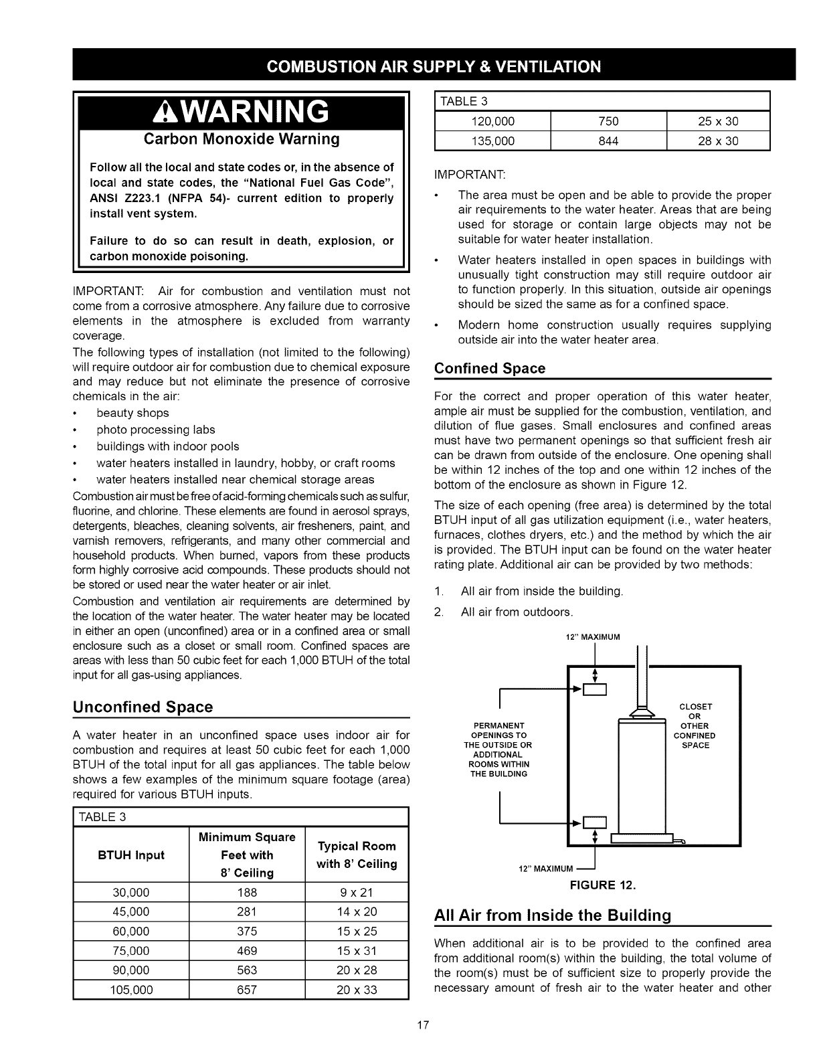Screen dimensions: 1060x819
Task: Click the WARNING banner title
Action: coord(251,112)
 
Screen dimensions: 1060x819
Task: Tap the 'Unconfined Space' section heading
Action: coord(143,707)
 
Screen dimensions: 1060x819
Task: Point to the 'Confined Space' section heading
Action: coord(490,369)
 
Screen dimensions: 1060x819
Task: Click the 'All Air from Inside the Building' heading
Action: coord(552,915)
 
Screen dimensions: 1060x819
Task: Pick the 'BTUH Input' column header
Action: coord(131,855)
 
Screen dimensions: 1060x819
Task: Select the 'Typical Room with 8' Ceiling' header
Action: coord(357,855)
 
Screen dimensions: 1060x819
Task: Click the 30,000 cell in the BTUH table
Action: coord(131,892)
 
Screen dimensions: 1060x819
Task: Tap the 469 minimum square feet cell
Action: coord(247,951)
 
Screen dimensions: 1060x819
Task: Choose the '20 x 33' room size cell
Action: coord(357,990)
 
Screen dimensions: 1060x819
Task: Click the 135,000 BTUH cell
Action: coord(493,141)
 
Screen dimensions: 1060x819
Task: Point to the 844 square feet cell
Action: coord(608,141)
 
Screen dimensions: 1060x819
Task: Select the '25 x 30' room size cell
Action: coord(719,121)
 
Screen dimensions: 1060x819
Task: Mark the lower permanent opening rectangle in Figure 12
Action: coord(595,822)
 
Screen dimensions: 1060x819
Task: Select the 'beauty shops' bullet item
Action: coord(132,413)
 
